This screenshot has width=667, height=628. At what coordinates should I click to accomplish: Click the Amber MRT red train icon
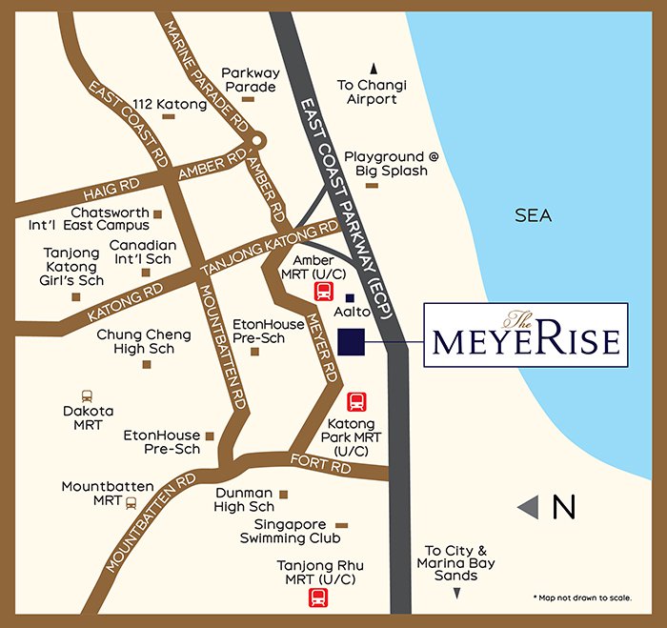point(323,291)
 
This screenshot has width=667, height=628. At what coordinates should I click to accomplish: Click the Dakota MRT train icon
point(88,395)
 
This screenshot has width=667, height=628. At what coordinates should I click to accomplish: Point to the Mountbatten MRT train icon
point(131,501)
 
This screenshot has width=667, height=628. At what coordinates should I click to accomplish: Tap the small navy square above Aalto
point(350,298)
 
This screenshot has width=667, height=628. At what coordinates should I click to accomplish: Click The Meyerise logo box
point(525,334)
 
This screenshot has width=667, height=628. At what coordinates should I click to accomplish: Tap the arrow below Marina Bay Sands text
point(456,593)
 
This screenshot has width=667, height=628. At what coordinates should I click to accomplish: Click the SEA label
point(533,216)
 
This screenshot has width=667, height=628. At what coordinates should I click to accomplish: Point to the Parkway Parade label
point(249,79)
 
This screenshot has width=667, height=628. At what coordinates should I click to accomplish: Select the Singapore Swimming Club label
point(290,531)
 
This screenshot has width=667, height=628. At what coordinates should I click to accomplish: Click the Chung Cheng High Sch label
point(144,342)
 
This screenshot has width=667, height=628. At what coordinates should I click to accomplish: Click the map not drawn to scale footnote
point(582,598)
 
